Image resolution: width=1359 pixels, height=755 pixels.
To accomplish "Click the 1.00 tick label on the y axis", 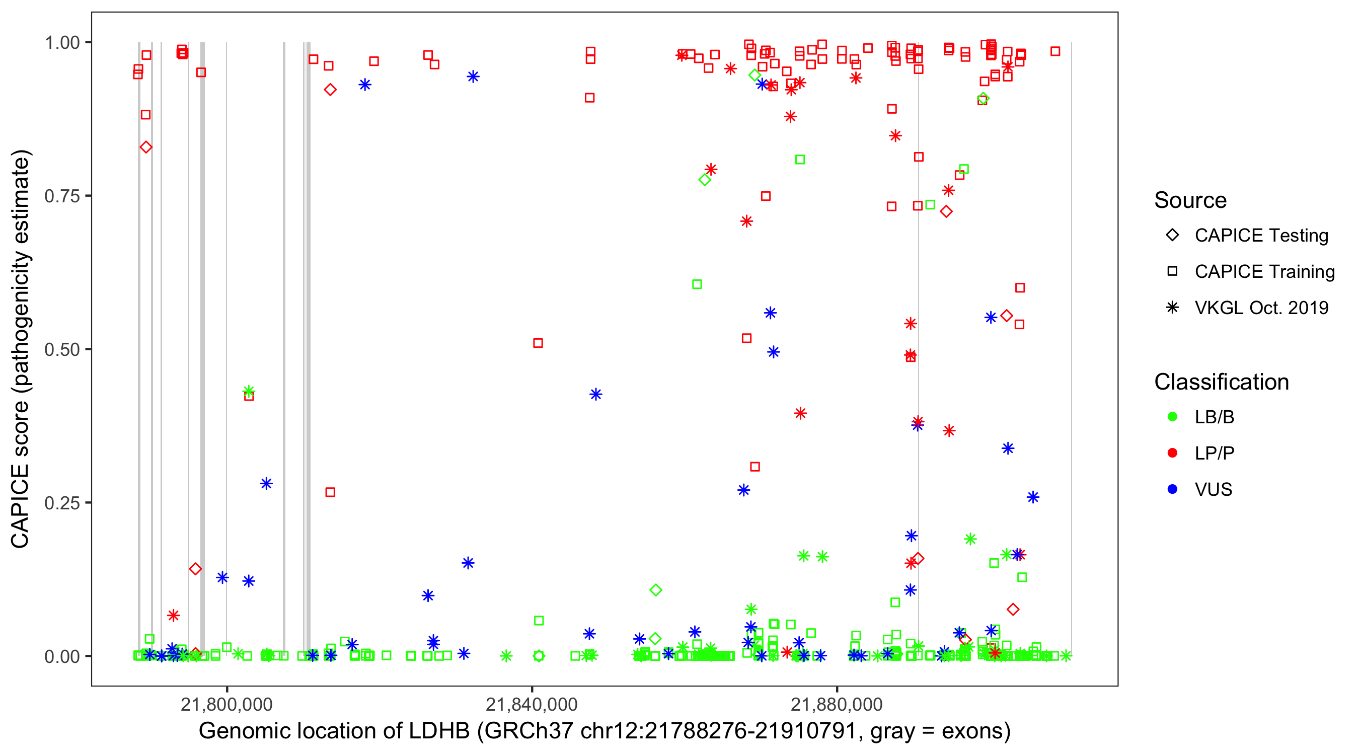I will pos(62,42).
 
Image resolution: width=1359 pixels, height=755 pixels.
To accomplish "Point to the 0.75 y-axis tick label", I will pos(62,196).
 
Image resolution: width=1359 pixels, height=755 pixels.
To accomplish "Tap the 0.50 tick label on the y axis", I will pos(62,349).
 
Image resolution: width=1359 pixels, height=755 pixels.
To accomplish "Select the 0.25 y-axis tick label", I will pos(62,503).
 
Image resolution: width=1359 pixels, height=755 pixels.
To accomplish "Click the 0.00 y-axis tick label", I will pos(62,656).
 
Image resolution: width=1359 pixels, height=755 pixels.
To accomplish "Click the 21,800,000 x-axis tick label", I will pos(226,704).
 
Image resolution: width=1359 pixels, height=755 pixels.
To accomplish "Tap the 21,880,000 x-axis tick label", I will pos(837,704).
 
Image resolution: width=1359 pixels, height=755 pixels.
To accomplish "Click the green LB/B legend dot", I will pos(1172,417).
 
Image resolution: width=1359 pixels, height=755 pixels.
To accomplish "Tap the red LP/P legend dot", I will pos(1172,453).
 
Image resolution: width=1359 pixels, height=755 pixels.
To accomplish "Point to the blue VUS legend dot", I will pos(1172,489).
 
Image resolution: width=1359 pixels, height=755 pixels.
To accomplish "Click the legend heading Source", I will pos(1190,200).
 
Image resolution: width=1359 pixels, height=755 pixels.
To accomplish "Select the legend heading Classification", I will pos(1221,382).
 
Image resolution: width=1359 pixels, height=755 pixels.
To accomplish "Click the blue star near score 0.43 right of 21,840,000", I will pos(595,394).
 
